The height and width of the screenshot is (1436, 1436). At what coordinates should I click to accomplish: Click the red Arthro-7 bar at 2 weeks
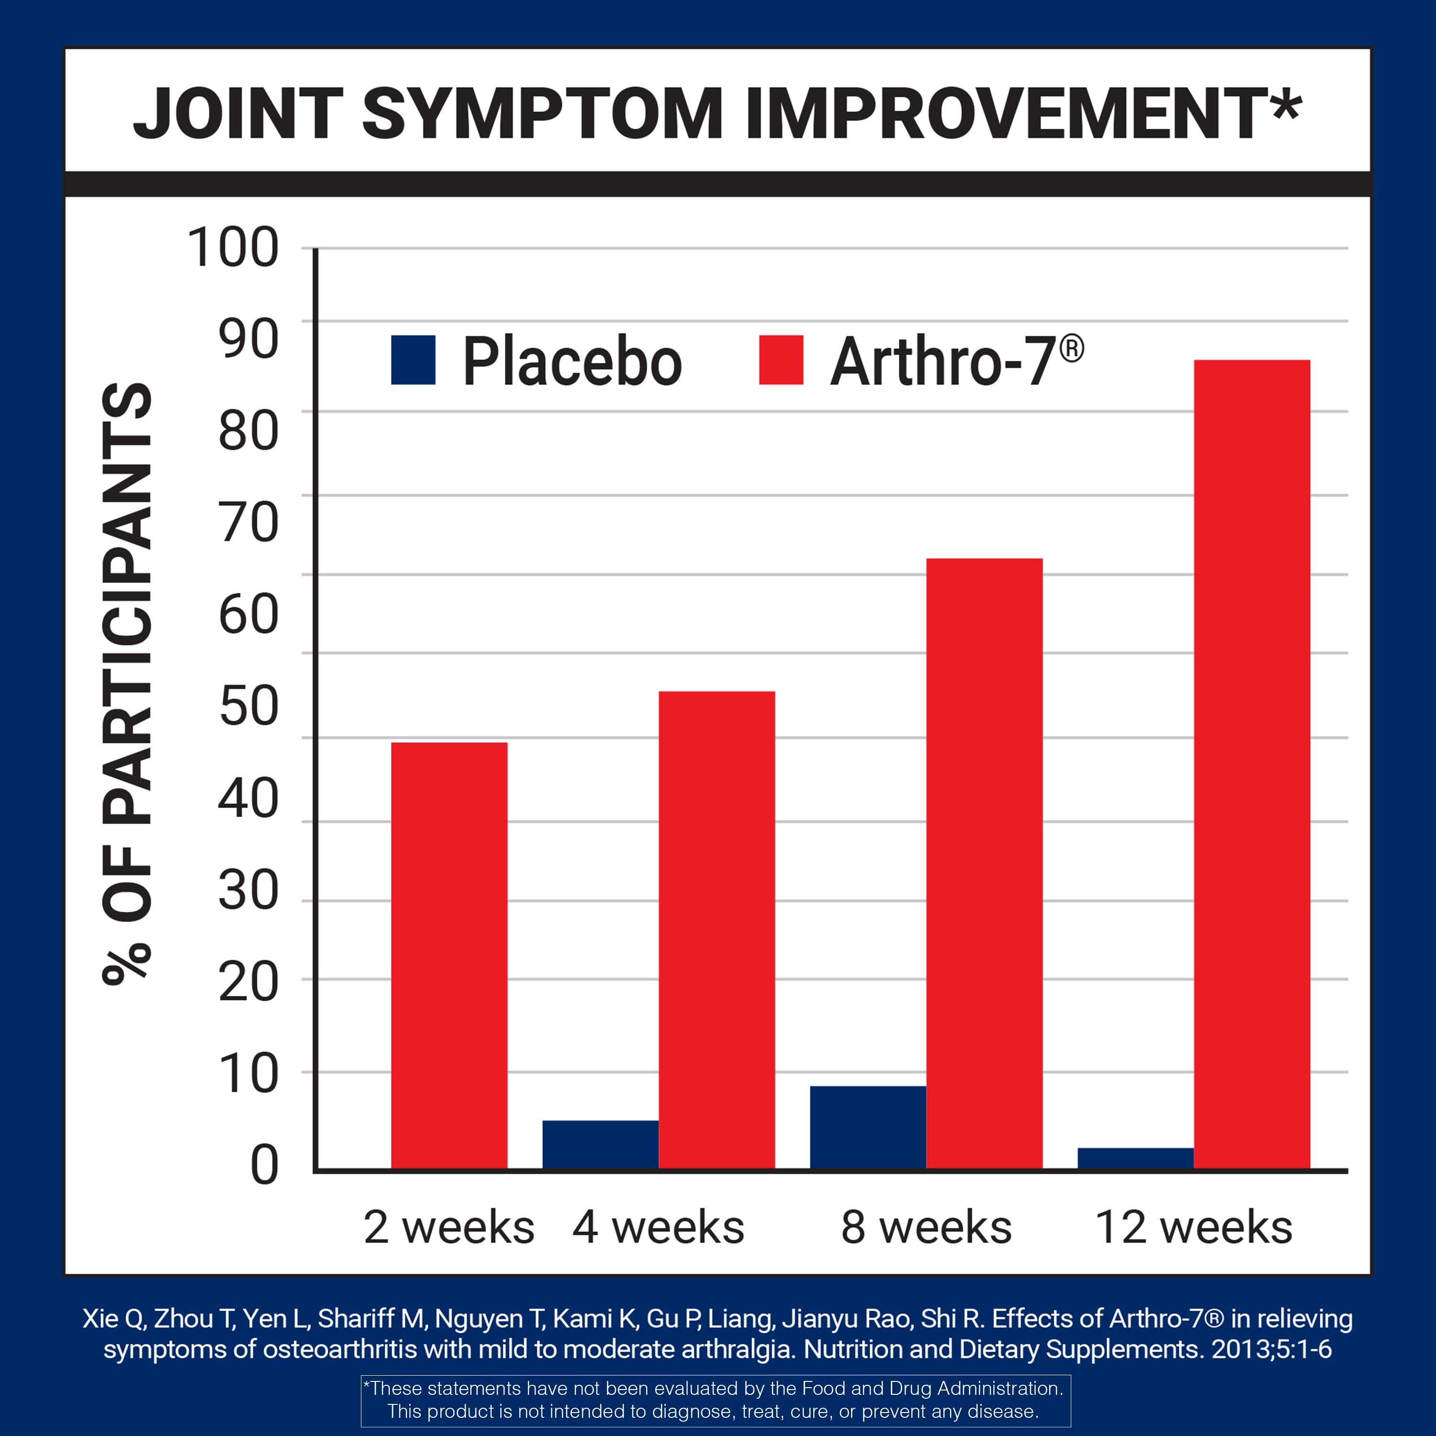tap(449, 955)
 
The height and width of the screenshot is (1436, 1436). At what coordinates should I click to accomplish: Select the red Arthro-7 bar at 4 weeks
tap(717, 929)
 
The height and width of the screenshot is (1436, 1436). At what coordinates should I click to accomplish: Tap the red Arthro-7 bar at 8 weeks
tap(984, 862)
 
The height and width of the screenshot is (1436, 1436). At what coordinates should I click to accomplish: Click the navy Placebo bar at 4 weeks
tap(600, 1144)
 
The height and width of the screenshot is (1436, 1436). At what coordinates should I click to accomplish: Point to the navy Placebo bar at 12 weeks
tap(1135, 1158)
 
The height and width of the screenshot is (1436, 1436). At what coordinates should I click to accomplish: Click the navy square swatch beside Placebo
tap(413, 360)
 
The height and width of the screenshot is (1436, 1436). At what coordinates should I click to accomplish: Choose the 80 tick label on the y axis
tap(249, 431)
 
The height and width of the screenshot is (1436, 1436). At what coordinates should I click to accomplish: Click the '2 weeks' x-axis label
tap(449, 1227)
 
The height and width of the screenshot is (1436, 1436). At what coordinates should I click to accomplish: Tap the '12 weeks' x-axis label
tap(1194, 1227)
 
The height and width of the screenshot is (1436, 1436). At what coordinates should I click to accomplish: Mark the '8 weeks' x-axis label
tap(926, 1227)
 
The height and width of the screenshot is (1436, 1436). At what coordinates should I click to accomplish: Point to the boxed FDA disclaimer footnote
tap(716, 1400)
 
